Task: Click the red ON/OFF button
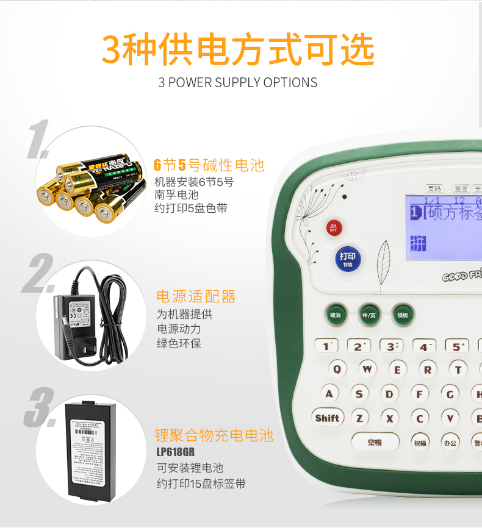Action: tap(333, 228)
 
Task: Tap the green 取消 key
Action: tap(335, 315)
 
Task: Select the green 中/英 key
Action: tap(369, 315)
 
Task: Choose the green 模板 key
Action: tap(403, 315)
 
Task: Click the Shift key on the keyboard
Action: tap(327, 418)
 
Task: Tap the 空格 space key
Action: tap(375, 442)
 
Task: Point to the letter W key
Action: tap(367, 369)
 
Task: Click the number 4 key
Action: tap(423, 346)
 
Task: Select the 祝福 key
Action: tap(420, 443)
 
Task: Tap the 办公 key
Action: tap(450, 443)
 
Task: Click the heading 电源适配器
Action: tap(196, 297)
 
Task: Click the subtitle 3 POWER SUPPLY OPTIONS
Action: tap(238, 82)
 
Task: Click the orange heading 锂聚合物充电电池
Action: tap(214, 435)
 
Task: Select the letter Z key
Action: tap(359, 418)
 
